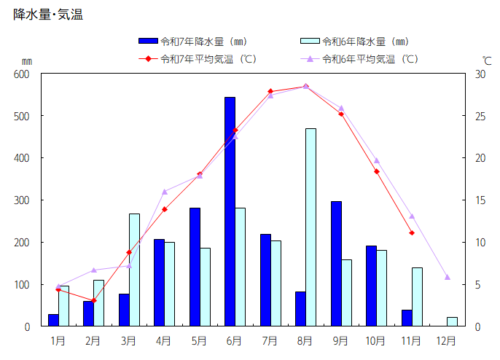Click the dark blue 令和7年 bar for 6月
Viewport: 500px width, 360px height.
230,211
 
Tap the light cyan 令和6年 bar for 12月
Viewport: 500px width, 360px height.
452,321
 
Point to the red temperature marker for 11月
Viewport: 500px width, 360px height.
412,233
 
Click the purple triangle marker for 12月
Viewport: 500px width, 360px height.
448,277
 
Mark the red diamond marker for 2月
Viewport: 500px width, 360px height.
93,300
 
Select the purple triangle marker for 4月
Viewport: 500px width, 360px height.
164,192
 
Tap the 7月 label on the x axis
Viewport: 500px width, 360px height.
270,340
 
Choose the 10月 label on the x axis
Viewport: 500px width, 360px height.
376,340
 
